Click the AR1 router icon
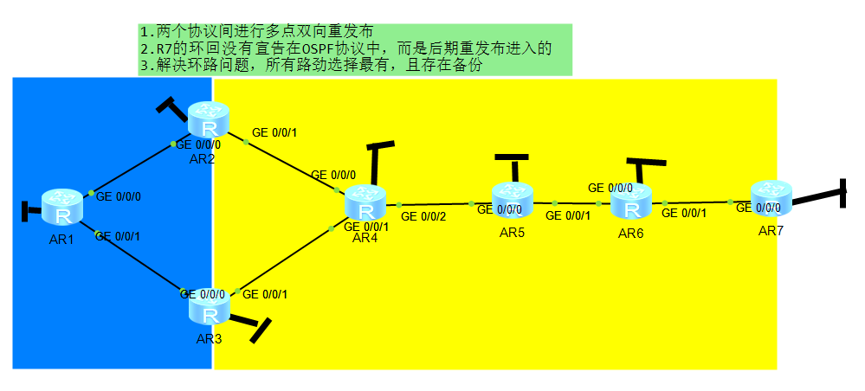point(64,208)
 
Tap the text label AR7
point(771,231)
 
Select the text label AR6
point(631,234)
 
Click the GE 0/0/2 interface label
point(423,216)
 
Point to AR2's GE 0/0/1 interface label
point(274,133)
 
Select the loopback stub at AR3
point(260,330)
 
